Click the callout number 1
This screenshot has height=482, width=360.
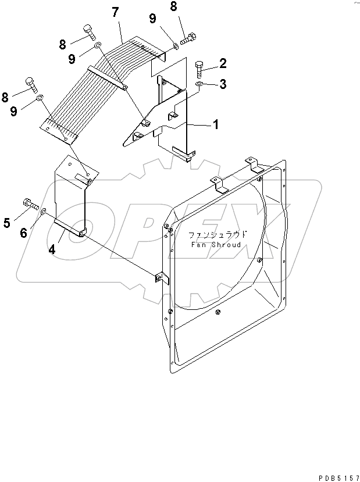click(216, 124)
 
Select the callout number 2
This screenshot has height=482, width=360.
click(223, 63)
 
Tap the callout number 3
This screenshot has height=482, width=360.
click(223, 85)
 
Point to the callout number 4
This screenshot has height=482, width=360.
click(52, 250)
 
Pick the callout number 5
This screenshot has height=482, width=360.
click(8, 222)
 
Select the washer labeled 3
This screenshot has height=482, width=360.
click(199, 85)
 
